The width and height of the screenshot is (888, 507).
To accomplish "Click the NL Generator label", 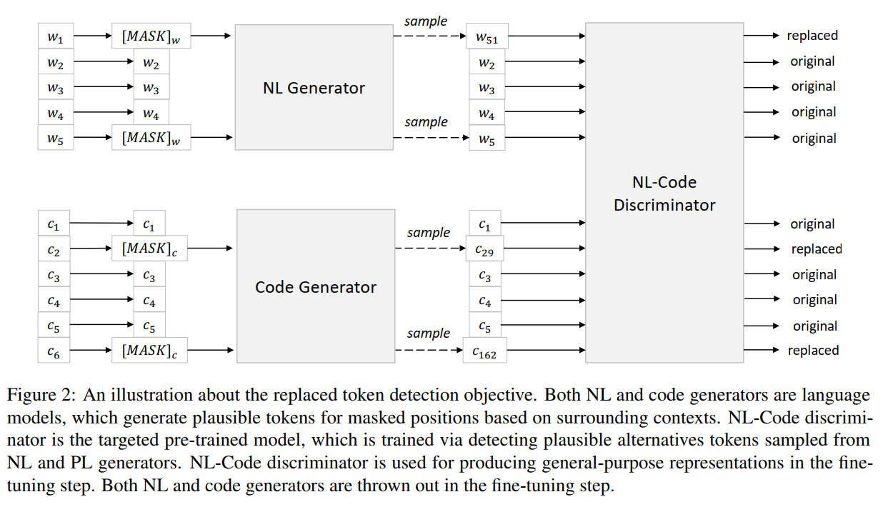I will click(314, 88).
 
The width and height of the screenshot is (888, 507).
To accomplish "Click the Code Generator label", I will click(315, 287).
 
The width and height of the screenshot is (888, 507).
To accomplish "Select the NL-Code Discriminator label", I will click(664, 194).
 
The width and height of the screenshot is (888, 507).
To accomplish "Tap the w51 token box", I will click(487, 37).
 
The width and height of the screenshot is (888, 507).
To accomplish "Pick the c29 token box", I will click(486, 250).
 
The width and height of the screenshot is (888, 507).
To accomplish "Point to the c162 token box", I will click(485, 351).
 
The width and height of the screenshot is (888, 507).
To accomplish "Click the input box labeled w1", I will click(55, 37).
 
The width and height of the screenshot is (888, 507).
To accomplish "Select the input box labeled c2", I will click(55, 250).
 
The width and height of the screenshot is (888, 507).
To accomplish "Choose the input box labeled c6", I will click(55, 351).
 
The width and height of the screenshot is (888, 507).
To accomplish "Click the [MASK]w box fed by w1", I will click(151, 36).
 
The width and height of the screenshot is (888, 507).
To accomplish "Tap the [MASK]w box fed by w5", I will click(151, 138).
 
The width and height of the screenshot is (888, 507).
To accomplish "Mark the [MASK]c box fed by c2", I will click(151, 249).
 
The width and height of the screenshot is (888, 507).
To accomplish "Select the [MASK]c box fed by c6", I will click(151, 350).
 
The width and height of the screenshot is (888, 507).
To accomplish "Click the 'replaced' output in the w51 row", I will click(812, 35).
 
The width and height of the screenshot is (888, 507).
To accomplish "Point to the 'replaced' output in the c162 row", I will click(813, 350).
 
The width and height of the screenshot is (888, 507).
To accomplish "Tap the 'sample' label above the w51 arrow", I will click(426, 21).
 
